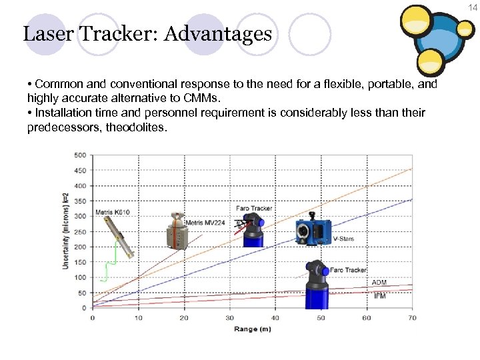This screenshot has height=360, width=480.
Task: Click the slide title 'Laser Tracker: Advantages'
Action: [x=147, y=33]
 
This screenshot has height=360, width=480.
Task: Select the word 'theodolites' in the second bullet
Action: [x=129, y=127]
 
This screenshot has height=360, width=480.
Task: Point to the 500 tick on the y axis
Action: [x=79, y=155]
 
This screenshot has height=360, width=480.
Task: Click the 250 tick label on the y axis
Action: [x=79, y=231]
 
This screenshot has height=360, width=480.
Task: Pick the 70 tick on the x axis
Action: [x=412, y=318]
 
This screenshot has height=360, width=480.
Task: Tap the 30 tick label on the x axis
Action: [x=229, y=318]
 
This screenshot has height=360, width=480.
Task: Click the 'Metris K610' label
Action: [x=113, y=212]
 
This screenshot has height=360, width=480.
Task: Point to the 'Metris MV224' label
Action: [x=206, y=222]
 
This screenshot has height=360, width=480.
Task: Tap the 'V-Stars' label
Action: [x=343, y=239]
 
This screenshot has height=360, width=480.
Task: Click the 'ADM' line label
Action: [x=379, y=283]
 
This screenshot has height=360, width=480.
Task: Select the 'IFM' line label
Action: [x=379, y=295]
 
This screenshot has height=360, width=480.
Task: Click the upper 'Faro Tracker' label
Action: [x=254, y=208]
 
